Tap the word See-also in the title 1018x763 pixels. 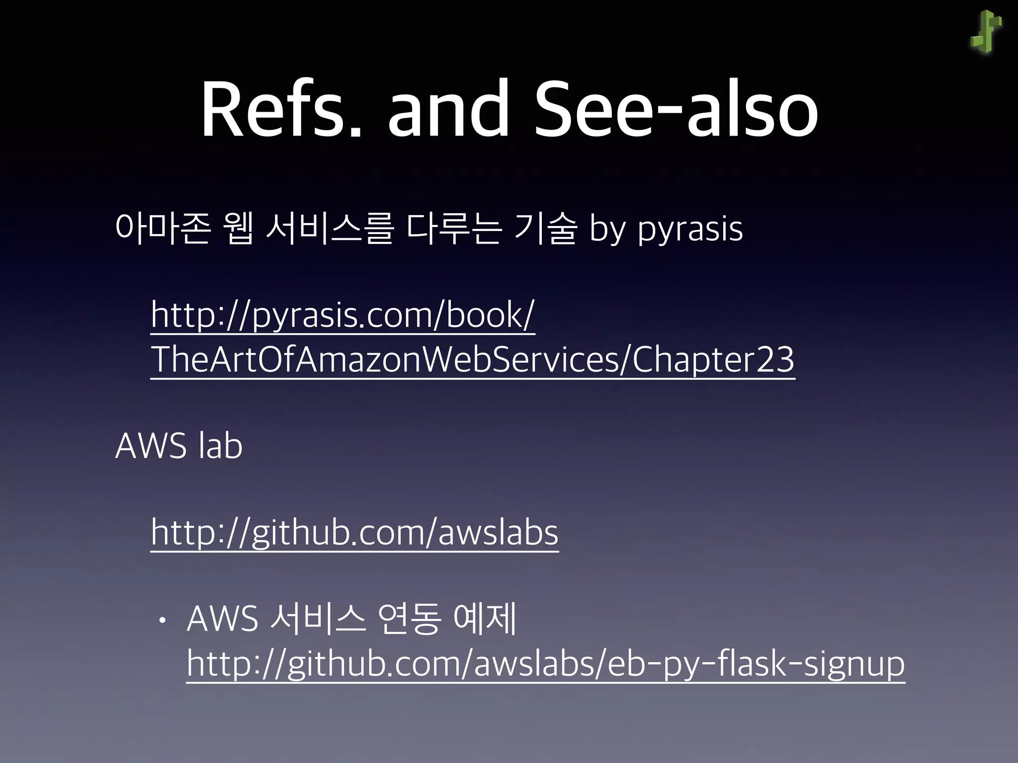point(676,109)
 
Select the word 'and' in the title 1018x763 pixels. point(448,109)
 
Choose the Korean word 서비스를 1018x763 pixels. point(330,229)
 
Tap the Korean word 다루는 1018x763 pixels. point(453,229)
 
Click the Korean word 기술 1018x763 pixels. point(545,229)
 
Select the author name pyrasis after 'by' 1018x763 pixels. point(690,230)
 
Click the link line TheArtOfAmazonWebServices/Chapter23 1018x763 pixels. point(472,360)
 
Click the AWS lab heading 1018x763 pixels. point(179,446)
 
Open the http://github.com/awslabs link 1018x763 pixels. point(354,533)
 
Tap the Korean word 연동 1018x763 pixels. point(409,619)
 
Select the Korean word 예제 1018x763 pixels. point(486,619)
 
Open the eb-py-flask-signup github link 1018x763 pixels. point(545,664)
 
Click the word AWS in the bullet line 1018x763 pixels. point(222,619)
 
